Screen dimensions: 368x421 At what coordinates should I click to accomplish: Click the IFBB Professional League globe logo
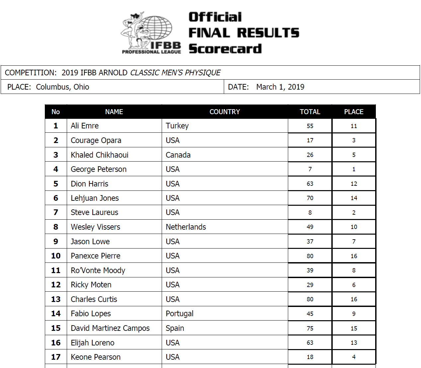(x=151, y=33)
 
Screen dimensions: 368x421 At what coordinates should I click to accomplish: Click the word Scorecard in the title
(x=225, y=49)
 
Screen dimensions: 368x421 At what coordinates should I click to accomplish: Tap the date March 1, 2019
(x=280, y=87)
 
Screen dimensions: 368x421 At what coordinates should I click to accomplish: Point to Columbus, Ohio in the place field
(x=62, y=87)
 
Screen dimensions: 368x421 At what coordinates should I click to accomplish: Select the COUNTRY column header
(x=224, y=112)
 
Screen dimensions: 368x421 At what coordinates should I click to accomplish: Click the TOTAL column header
(x=310, y=112)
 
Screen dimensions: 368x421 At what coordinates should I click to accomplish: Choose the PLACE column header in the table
(x=354, y=112)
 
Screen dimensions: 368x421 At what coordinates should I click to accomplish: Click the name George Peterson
(x=99, y=169)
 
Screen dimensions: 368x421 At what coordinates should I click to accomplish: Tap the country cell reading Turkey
(x=177, y=126)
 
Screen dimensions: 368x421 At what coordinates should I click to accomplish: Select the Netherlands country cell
(x=186, y=227)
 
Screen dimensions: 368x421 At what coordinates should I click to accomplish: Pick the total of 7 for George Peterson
(x=310, y=169)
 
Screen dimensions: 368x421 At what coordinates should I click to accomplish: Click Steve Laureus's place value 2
(x=354, y=213)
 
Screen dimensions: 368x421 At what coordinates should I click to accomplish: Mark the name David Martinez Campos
(x=110, y=328)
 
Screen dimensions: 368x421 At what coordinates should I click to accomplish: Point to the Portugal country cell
(x=179, y=314)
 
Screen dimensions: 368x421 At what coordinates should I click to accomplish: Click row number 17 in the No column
(x=56, y=357)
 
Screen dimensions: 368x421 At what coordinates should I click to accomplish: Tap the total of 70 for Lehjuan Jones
(x=310, y=198)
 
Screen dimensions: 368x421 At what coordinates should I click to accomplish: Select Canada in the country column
(x=178, y=155)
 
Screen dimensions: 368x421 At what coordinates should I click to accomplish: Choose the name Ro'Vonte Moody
(x=98, y=270)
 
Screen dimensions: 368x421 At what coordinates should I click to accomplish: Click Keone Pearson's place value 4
(x=354, y=357)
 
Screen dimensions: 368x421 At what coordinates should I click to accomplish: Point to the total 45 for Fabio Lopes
(x=310, y=314)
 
